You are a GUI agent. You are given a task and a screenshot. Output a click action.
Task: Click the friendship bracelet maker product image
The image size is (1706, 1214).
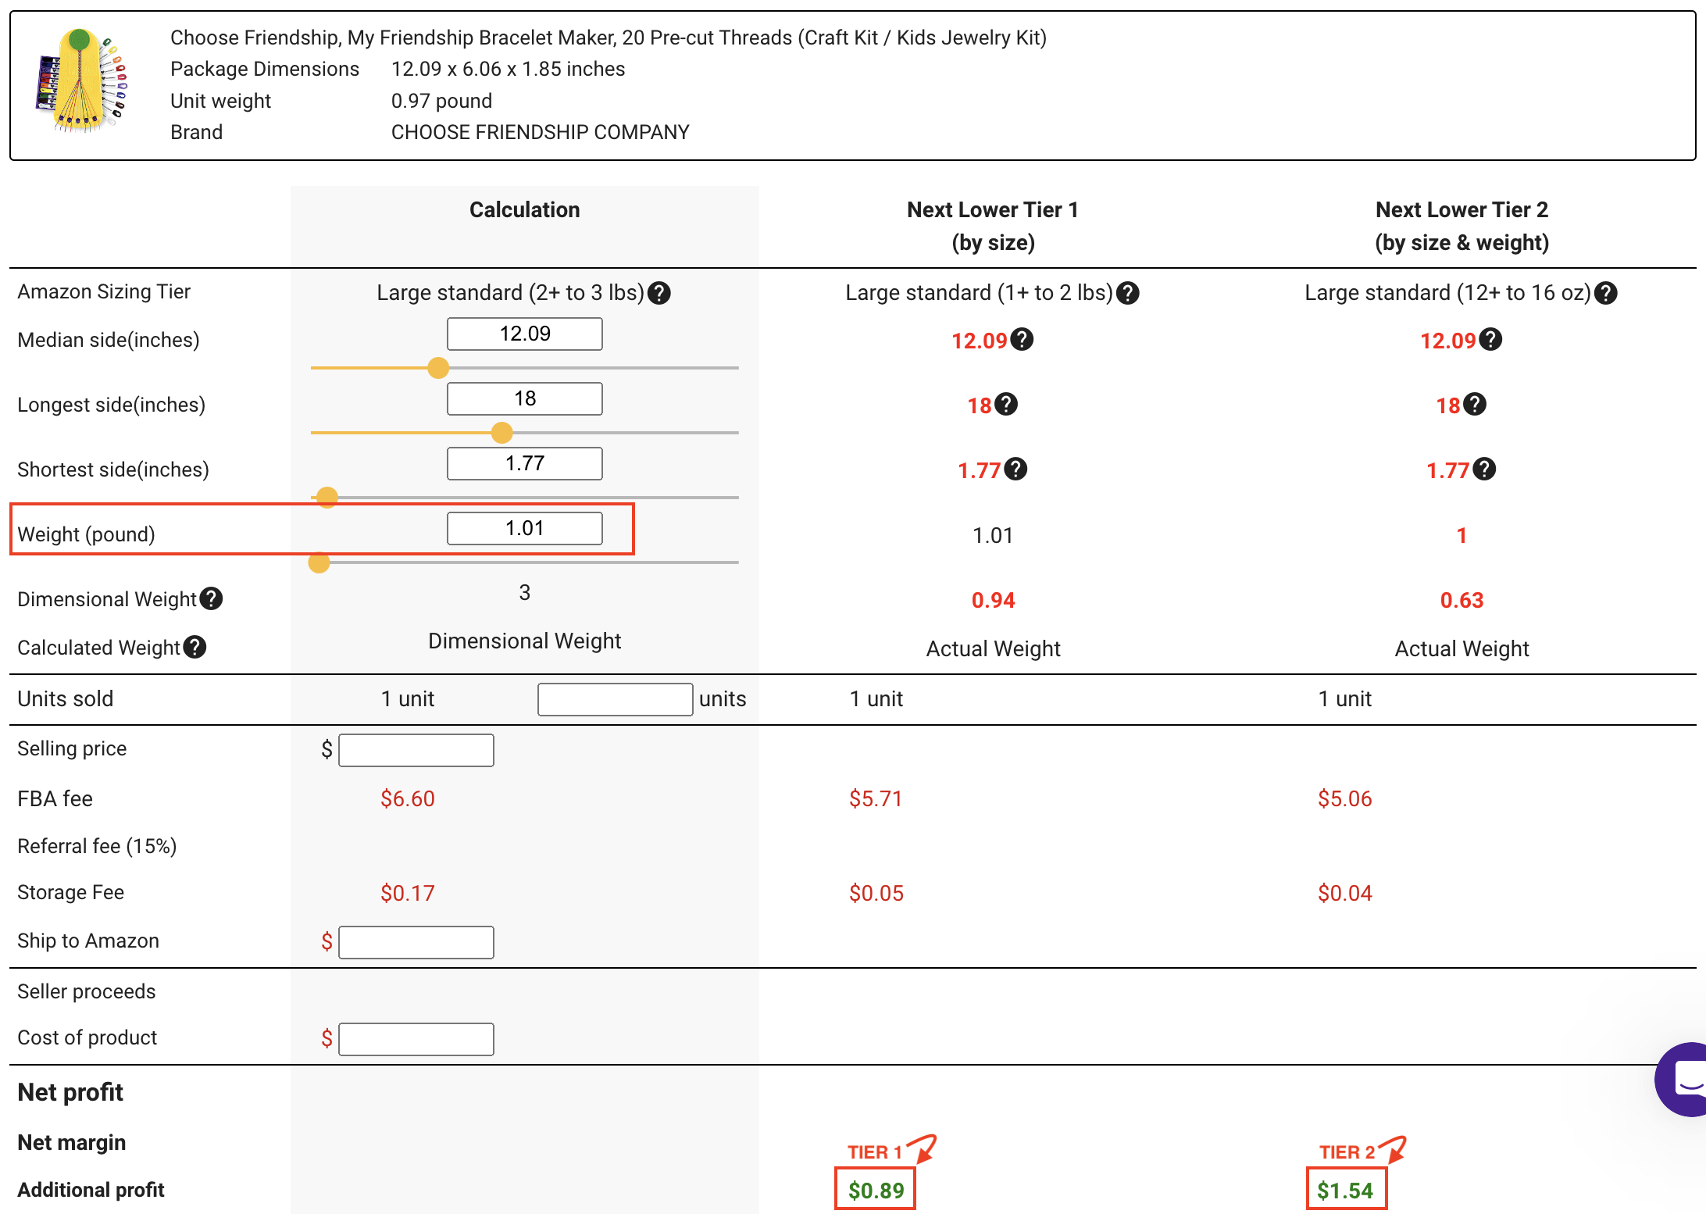point(81,81)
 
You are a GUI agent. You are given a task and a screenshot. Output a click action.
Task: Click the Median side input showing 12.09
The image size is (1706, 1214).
point(524,334)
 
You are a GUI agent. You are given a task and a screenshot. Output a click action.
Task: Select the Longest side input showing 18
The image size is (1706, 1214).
point(524,399)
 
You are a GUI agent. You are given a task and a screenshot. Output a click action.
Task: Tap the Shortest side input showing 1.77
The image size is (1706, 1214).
point(524,464)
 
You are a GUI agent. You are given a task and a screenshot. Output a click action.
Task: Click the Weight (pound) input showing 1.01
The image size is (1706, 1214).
point(524,529)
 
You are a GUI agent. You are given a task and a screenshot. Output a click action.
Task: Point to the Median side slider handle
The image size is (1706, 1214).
point(438,368)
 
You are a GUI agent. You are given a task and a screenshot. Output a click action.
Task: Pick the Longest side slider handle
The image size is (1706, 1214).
point(501,433)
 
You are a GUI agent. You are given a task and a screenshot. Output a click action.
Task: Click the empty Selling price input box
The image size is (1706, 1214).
point(416,750)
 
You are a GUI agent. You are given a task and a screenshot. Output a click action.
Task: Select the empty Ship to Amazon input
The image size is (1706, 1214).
point(416,942)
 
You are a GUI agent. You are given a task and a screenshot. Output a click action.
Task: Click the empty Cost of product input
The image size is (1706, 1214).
point(416,1039)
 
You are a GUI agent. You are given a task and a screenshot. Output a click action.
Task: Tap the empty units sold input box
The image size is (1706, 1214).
point(615,699)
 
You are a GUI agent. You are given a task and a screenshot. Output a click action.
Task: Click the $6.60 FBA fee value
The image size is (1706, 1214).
point(407,798)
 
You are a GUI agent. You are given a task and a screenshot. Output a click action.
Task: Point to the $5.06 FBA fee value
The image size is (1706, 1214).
point(1344,798)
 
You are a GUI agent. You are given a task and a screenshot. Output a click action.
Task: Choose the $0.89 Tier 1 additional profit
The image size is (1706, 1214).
point(876,1191)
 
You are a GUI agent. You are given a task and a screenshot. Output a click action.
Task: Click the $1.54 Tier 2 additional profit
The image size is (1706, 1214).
point(1345,1191)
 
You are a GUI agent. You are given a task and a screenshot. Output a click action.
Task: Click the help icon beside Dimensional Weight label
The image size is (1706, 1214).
point(211,599)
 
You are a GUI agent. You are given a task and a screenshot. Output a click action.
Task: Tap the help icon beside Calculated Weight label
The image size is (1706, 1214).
point(195,648)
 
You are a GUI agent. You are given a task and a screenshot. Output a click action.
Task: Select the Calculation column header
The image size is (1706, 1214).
point(524,210)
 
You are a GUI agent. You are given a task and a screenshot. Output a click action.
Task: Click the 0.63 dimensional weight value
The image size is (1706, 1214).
point(1462,600)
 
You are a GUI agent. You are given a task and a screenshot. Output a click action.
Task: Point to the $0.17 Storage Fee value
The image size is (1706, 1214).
point(407,893)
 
